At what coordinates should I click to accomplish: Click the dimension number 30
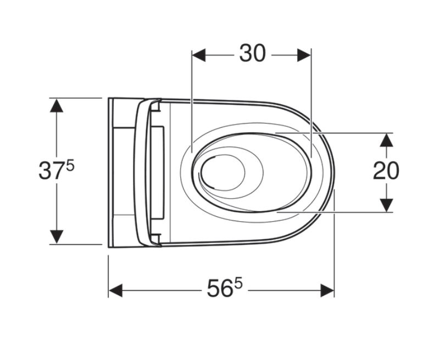point(253,53)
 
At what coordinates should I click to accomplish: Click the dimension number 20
point(386,170)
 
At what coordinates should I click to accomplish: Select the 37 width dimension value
point(51,170)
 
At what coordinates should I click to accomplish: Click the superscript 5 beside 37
point(70,165)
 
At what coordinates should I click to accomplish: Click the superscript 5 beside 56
point(238,283)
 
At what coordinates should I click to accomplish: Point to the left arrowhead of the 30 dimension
point(199,55)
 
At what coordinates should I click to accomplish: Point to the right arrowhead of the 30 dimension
point(304,55)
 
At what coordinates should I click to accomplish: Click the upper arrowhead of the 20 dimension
point(386,140)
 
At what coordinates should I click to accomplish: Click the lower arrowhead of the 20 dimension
point(386,205)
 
